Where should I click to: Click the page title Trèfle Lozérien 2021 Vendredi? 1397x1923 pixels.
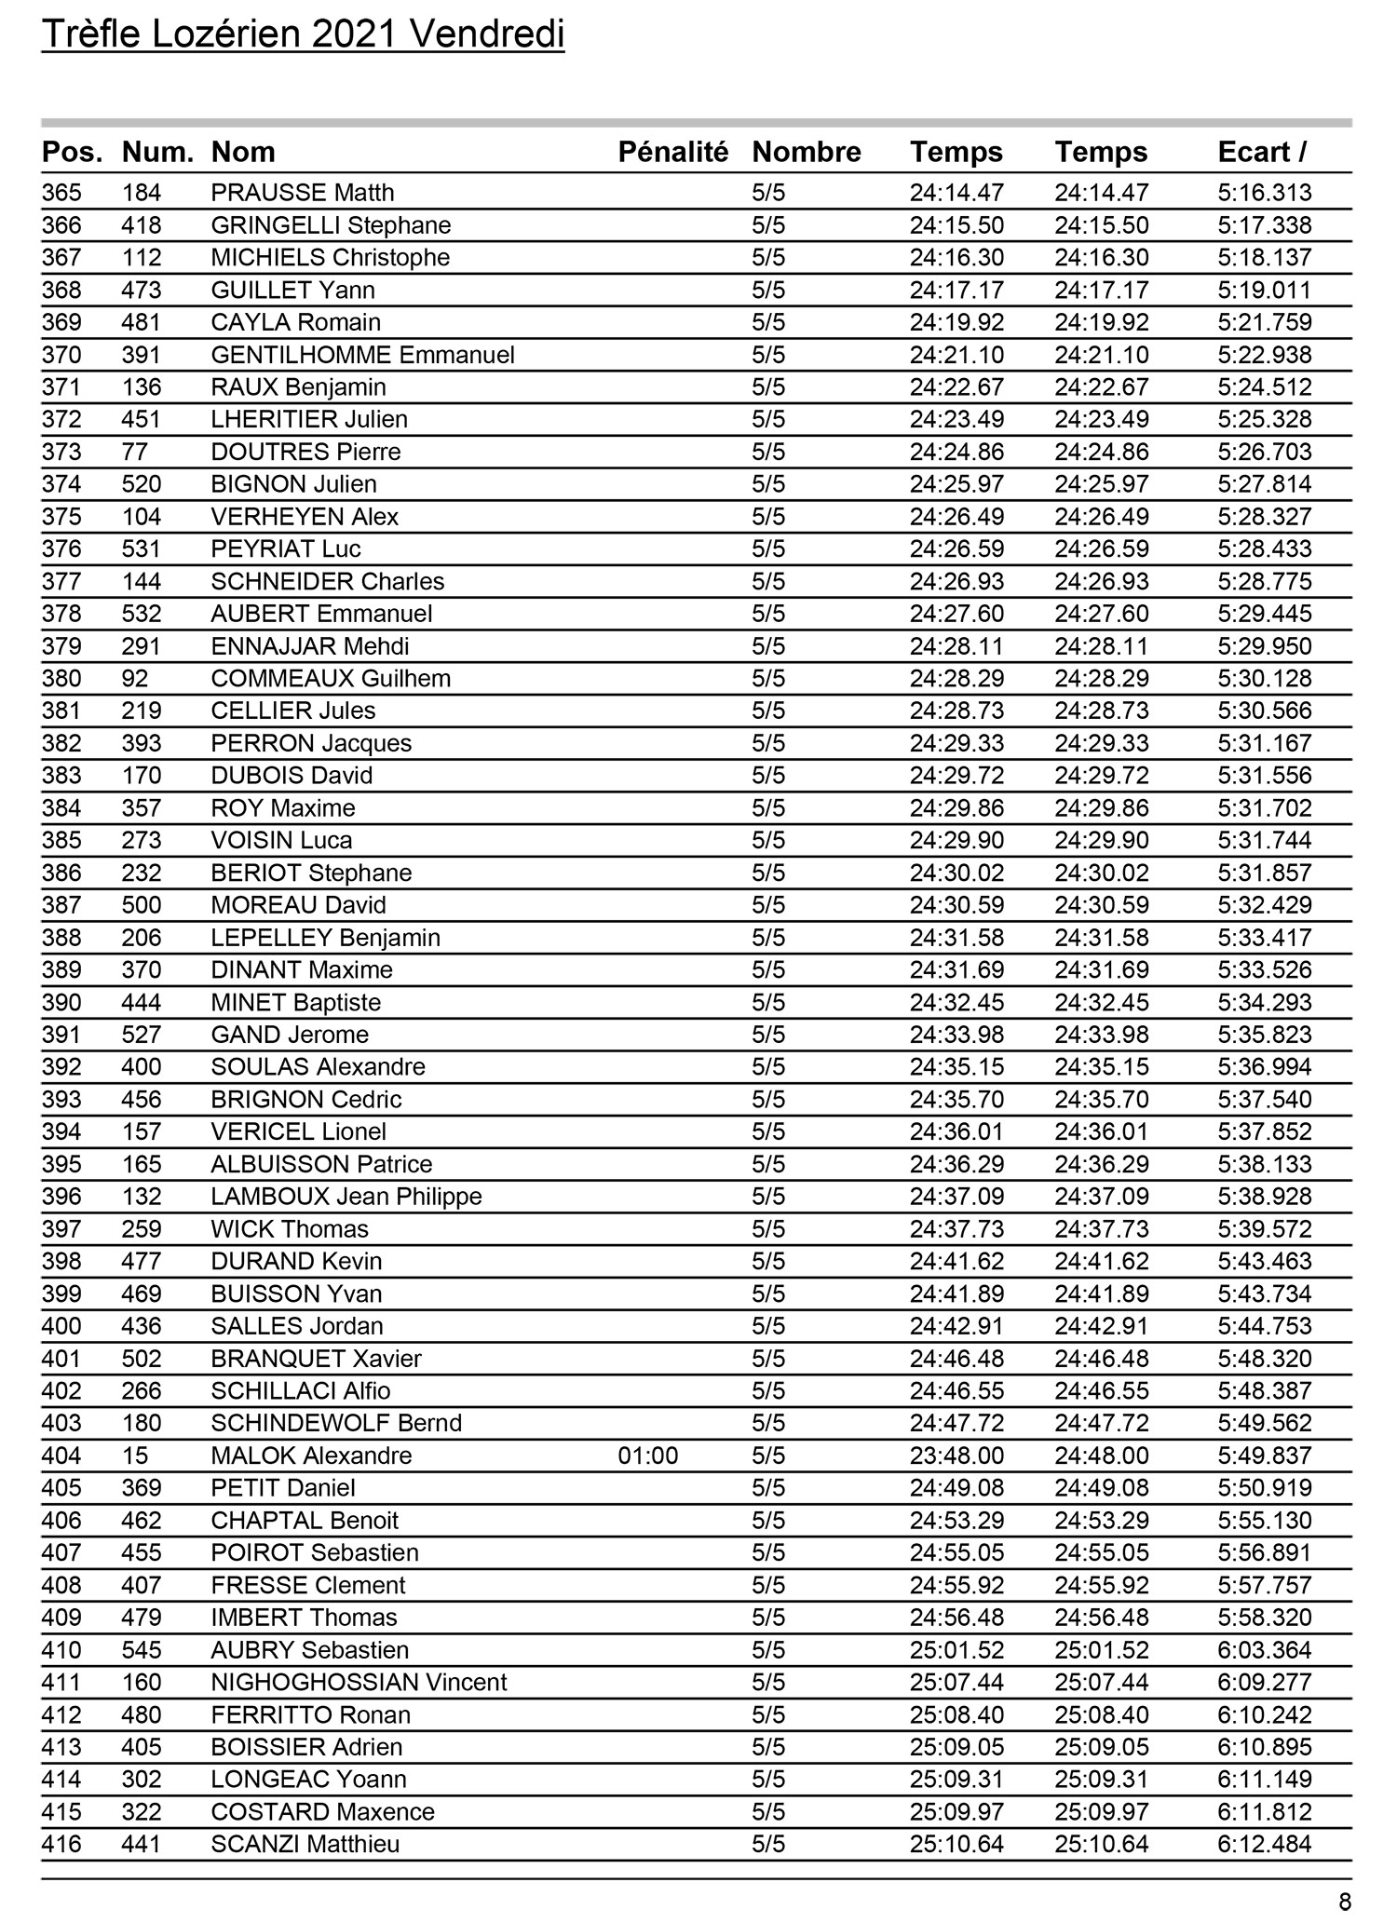click(x=303, y=35)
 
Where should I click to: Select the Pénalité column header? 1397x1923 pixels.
click(x=672, y=152)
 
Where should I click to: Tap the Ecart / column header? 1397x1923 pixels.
click(x=1261, y=152)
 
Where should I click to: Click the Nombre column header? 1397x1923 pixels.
click(x=806, y=152)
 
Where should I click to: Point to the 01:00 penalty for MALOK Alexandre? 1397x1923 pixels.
click(x=648, y=1456)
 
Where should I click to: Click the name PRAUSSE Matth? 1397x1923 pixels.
click(x=303, y=193)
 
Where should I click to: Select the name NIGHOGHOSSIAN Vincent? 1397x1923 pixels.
click(x=359, y=1682)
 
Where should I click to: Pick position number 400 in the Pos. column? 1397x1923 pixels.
click(x=61, y=1326)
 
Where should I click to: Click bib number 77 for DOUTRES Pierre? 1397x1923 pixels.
click(x=135, y=452)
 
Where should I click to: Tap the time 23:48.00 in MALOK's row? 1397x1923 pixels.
click(x=956, y=1456)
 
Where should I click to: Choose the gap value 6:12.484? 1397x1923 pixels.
click(x=1264, y=1844)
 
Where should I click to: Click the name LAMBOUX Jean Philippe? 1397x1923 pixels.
click(x=346, y=1197)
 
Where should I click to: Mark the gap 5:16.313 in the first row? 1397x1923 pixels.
click(x=1264, y=193)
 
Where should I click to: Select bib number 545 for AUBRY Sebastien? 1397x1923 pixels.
click(x=142, y=1650)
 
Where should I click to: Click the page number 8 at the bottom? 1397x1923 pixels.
click(x=1344, y=1902)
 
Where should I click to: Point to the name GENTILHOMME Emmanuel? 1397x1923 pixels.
click(x=362, y=355)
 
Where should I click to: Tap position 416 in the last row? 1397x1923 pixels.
click(x=61, y=1844)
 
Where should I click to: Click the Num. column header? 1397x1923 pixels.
click(x=157, y=152)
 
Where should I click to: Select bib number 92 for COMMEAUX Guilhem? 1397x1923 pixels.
click(x=135, y=678)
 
